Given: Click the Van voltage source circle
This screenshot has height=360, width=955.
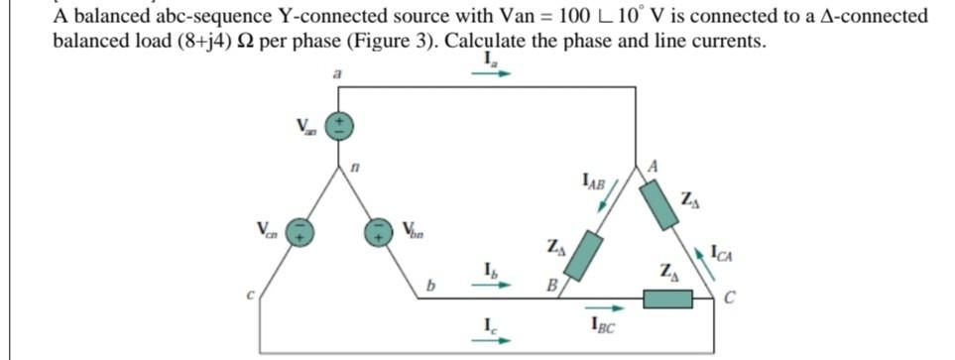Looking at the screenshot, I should tap(338, 125).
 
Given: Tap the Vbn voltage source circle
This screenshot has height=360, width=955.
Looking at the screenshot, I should tap(379, 231).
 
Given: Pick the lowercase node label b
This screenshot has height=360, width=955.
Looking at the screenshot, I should tap(431, 289).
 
